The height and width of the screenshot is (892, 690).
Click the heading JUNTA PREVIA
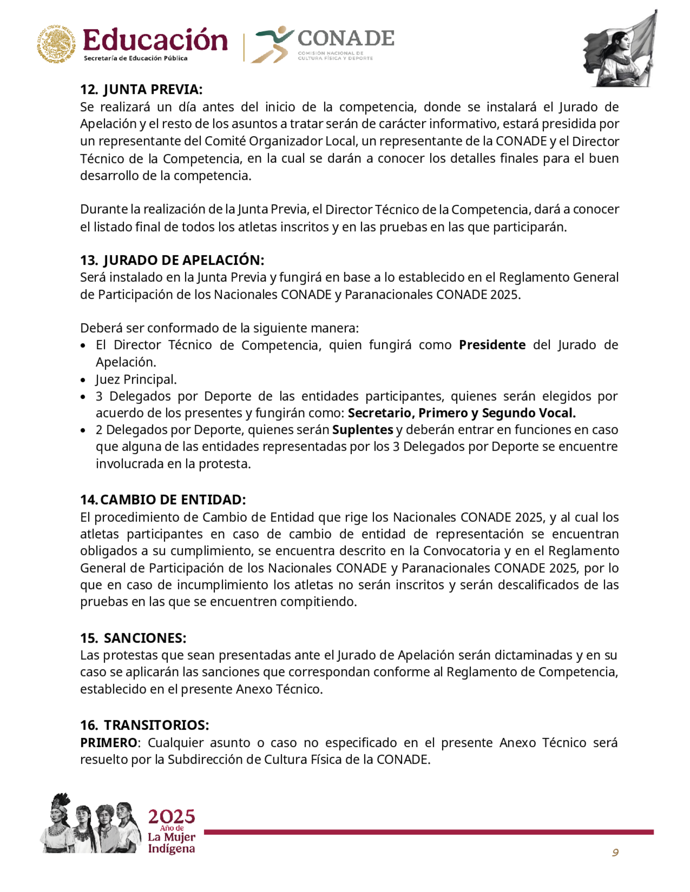(153, 90)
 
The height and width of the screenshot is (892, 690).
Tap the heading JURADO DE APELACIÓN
(184, 260)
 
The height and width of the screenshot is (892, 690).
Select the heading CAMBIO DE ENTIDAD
(172, 499)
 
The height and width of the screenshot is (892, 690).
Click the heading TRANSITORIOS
(156, 725)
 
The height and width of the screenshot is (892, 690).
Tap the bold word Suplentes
(363, 430)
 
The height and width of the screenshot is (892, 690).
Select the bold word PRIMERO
(108, 742)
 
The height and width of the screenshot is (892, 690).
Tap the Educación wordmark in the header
(155, 41)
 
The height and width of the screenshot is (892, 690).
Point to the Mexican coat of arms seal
(57, 44)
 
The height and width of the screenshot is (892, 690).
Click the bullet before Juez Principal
(83, 380)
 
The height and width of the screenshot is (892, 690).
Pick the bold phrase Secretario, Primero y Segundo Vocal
(462, 413)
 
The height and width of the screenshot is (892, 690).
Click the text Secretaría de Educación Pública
(135, 58)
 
